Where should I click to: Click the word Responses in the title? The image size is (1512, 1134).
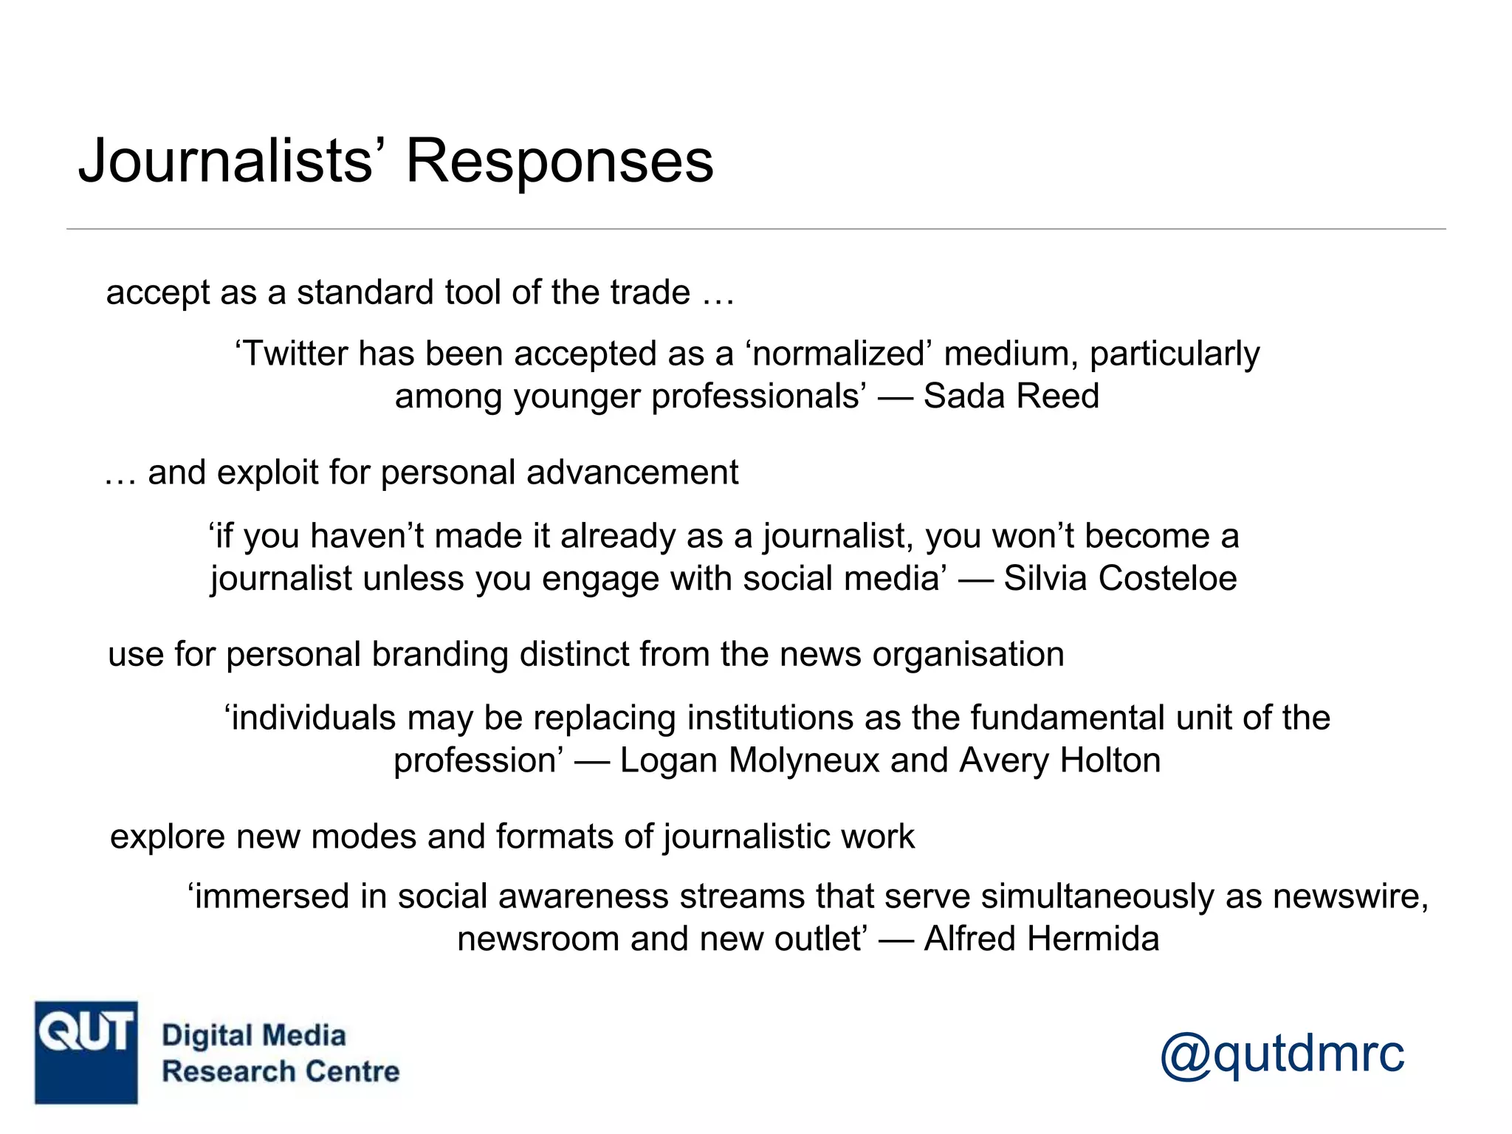pos(560,161)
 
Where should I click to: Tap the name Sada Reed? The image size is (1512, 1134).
pos(1011,396)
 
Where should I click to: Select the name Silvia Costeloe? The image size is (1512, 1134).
pos(1120,578)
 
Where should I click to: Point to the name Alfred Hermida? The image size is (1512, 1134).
pos(1041,939)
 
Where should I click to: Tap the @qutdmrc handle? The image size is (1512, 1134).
pos(1282,1054)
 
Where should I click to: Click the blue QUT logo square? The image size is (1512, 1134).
pos(86,1052)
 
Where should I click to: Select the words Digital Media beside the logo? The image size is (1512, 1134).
pos(253,1035)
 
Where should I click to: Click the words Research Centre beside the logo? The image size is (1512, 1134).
pos(281,1071)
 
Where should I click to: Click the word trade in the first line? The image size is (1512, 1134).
pos(650,292)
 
